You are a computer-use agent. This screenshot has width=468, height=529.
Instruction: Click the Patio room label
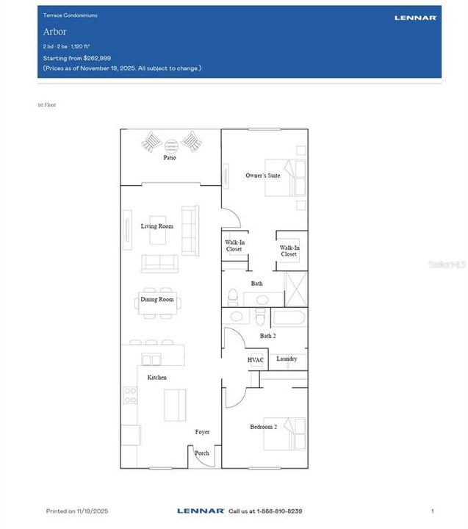pos(170,158)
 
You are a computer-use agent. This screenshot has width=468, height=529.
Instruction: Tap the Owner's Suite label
pos(262,176)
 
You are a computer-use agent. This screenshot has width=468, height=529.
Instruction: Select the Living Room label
pos(157,226)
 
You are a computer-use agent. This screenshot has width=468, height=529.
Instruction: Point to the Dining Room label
pos(157,300)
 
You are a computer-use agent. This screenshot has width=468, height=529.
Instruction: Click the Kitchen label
pos(156,378)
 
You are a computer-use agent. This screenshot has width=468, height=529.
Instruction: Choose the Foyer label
pos(202,432)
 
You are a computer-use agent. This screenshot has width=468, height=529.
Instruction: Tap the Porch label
pos(202,453)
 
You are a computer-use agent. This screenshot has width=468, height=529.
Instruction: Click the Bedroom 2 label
pos(263,427)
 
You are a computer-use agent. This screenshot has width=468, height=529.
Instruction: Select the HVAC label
pos(255,360)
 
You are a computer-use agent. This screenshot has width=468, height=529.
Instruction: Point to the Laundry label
pos(287,359)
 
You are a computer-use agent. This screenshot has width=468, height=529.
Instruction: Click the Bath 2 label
pos(267,336)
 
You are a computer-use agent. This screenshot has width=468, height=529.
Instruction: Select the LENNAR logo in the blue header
pos(415,17)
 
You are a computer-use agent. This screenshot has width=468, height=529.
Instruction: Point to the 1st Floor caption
pos(47,105)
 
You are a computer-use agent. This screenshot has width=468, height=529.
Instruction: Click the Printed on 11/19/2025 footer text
pos(77,511)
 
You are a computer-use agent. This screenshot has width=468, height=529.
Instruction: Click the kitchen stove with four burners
pos(130,395)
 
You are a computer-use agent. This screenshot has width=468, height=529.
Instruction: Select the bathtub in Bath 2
pos(289,318)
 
